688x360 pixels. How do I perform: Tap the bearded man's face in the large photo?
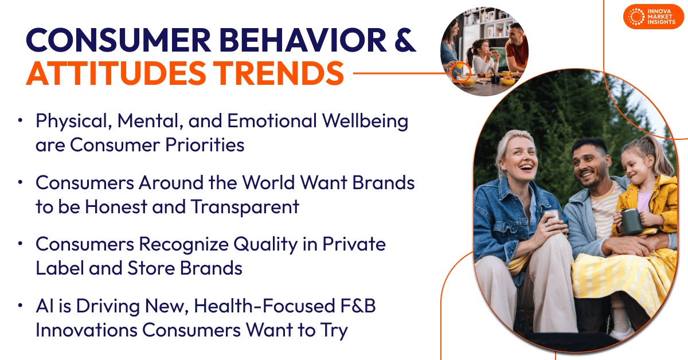point(591,163)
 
